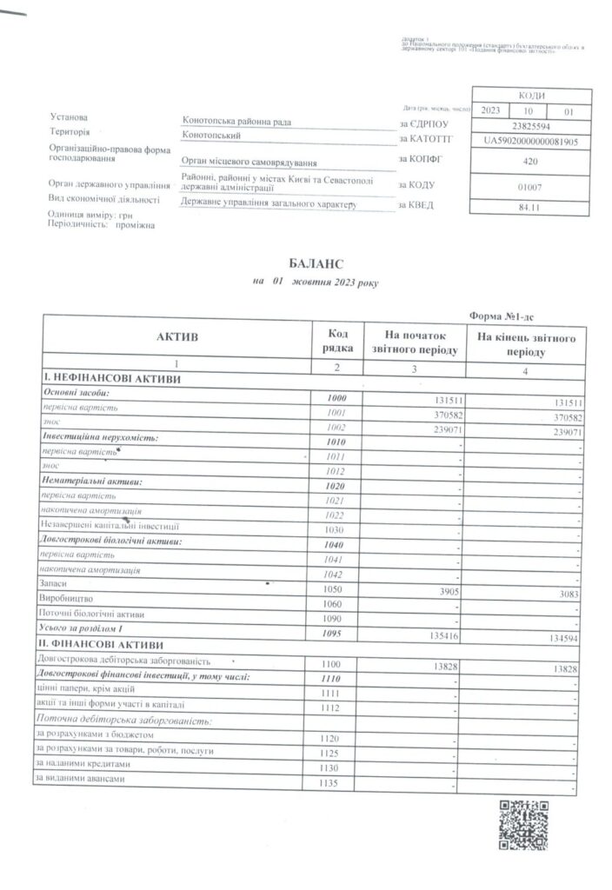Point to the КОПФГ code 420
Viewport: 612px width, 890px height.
click(x=530, y=161)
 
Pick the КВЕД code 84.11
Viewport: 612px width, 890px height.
click(x=530, y=207)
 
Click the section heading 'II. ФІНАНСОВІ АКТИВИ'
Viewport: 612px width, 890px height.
click(x=97, y=646)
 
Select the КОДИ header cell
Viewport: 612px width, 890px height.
click(x=530, y=96)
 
